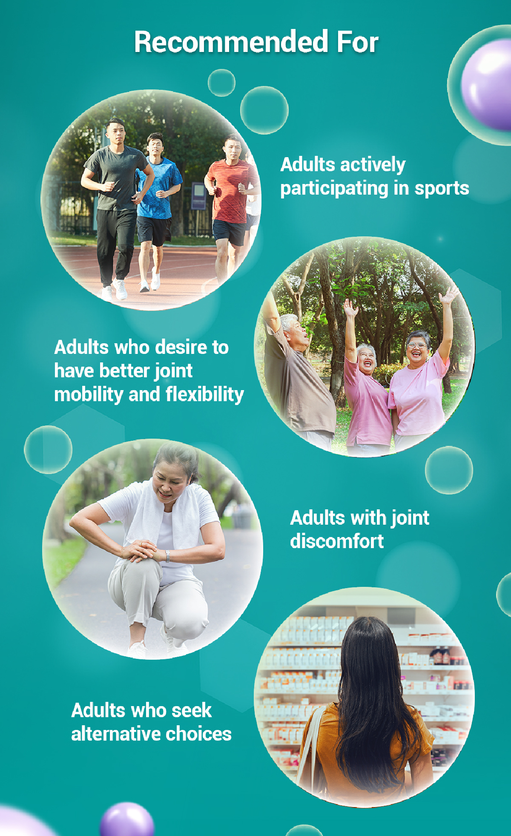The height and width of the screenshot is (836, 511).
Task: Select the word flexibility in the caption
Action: pyautogui.click(x=204, y=394)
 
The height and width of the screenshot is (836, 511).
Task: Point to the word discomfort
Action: pyautogui.click(x=337, y=541)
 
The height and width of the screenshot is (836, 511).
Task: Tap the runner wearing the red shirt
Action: pyautogui.click(x=230, y=209)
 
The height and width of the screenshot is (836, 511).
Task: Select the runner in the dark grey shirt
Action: pyautogui.click(x=116, y=209)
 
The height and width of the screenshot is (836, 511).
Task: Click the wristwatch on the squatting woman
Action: pyautogui.click(x=168, y=556)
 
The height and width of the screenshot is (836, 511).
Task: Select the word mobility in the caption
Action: pyautogui.click(x=89, y=394)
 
